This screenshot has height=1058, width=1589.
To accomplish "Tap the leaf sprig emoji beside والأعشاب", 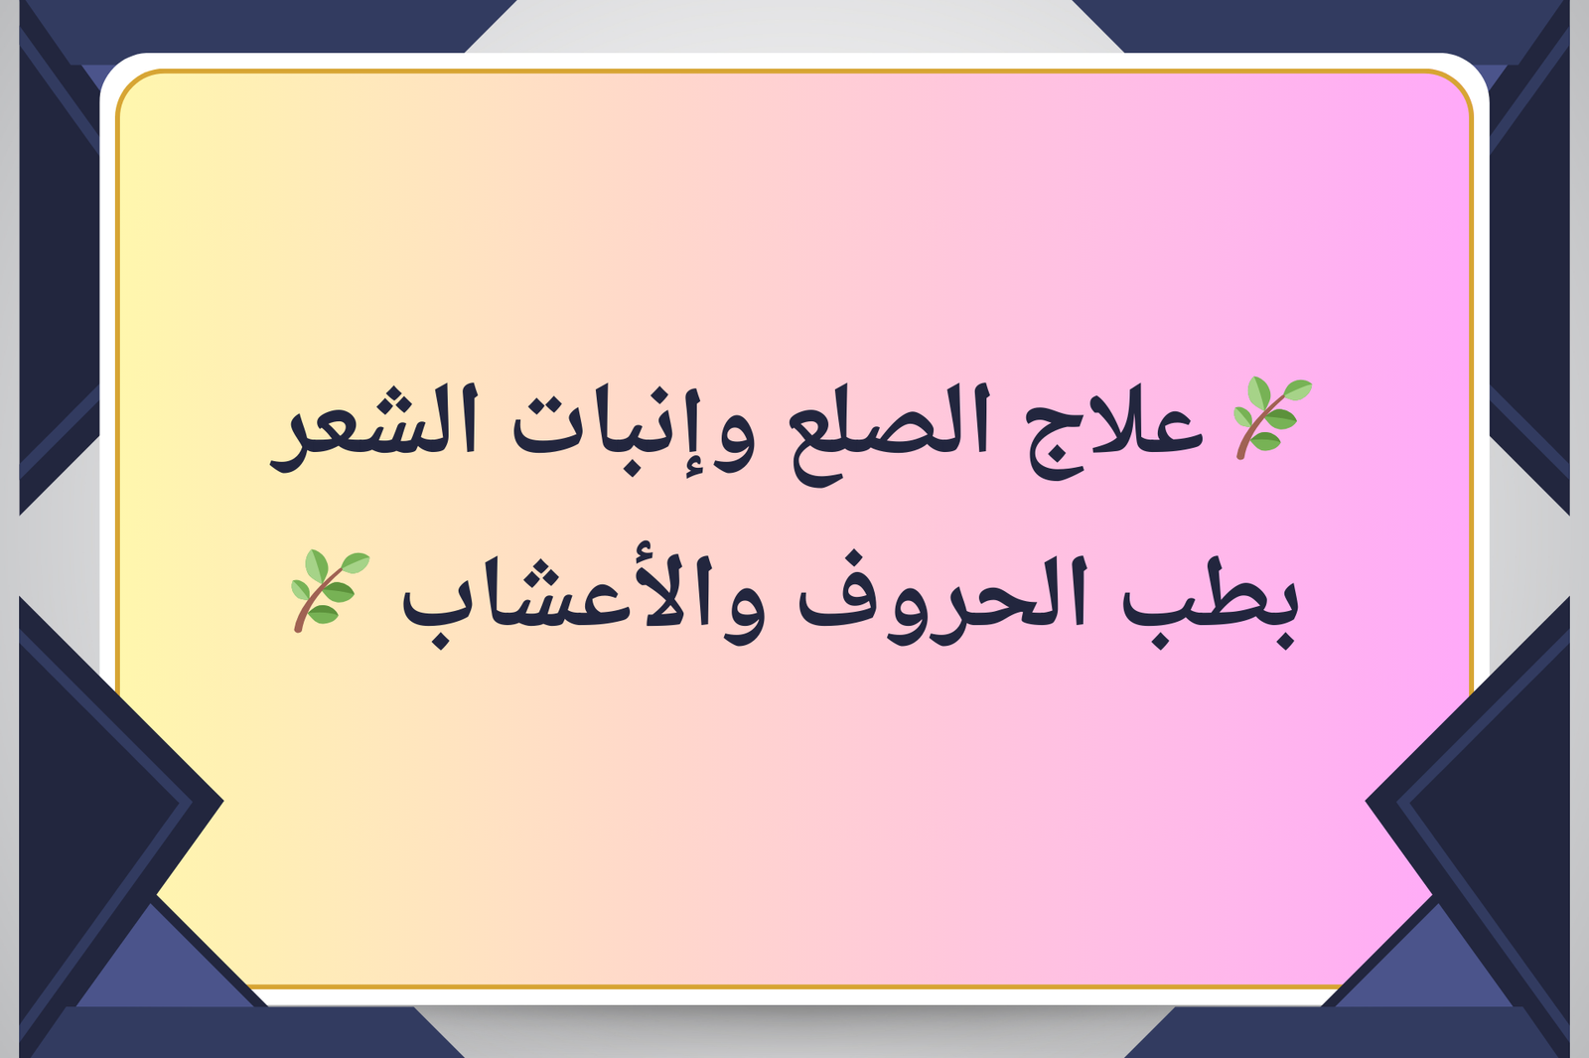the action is [x=330, y=590].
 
